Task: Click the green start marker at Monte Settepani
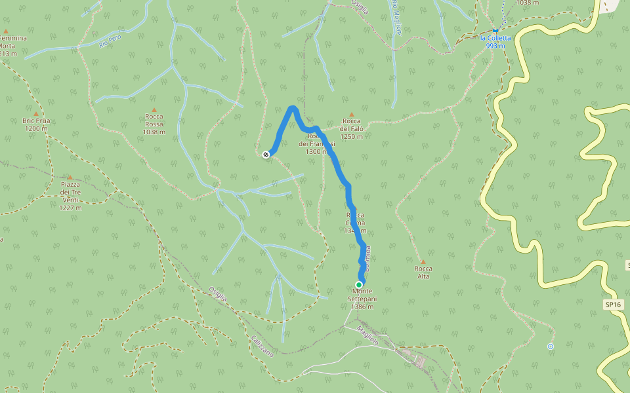click(x=359, y=284)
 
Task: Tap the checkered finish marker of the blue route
click(x=266, y=155)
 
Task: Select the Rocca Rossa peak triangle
click(x=154, y=110)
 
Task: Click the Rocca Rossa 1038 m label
click(x=154, y=124)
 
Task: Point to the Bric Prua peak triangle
click(x=36, y=113)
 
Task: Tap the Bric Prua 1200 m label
click(x=36, y=124)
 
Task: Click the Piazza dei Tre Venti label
click(x=70, y=196)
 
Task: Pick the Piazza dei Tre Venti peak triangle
click(x=70, y=177)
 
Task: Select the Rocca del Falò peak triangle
click(x=352, y=114)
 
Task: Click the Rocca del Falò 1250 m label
click(x=352, y=128)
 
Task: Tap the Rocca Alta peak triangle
click(x=423, y=262)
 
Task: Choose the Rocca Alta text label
click(x=423, y=272)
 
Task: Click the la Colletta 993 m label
click(x=495, y=42)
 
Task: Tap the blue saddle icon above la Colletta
click(x=495, y=30)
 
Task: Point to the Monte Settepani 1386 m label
click(x=363, y=299)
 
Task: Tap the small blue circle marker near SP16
click(x=551, y=346)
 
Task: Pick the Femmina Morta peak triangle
click(x=6, y=31)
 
